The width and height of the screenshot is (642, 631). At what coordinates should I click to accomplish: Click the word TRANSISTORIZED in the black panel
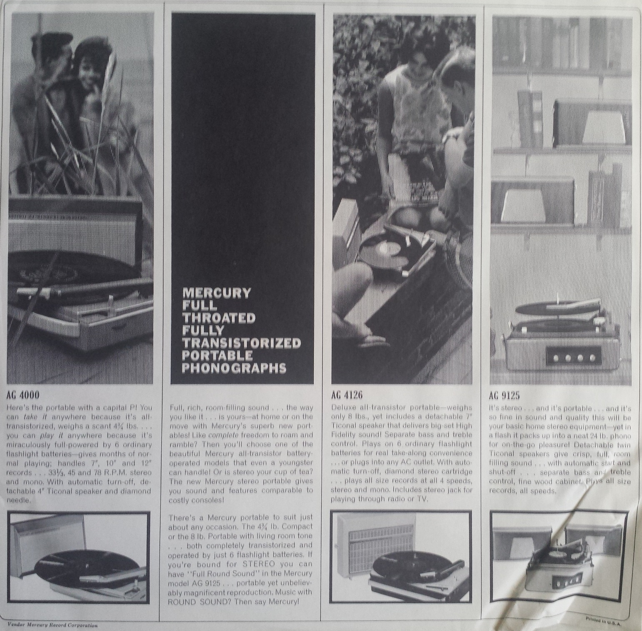pos(242,343)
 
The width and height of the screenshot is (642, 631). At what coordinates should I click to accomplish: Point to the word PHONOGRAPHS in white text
pos(235,368)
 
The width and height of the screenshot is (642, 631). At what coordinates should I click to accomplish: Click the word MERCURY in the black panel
pos(217,293)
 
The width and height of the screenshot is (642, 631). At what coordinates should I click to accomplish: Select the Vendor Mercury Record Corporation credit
pos(52,625)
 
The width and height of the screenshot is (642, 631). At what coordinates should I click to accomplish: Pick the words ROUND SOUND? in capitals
pos(200,601)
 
